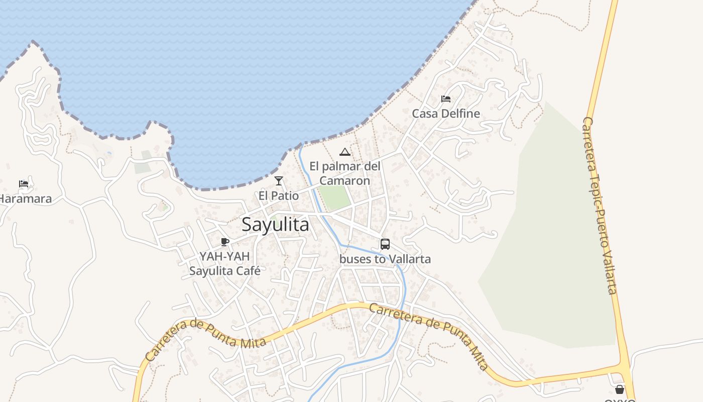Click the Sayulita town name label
point(275,225)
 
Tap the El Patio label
point(279,195)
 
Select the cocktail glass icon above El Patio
point(279,181)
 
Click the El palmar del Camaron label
point(344,173)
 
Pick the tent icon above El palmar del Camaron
point(344,152)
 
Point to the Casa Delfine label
point(446,114)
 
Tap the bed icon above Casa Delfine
point(446,99)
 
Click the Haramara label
point(25,198)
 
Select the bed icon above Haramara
point(24,184)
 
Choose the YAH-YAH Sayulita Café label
point(224,263)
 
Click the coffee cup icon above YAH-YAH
point(225,242)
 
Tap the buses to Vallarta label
point(385,259)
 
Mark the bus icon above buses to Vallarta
point(385,244)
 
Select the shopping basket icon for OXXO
point(620,389)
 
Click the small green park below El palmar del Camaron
point(335,197)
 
